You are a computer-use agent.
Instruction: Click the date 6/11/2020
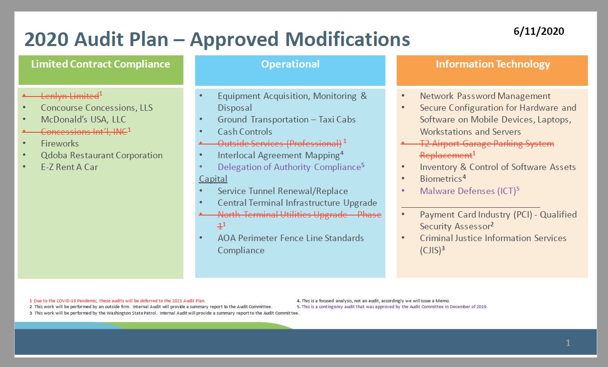(x=538, y=31)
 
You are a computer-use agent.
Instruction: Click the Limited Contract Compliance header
(x=101, y=64)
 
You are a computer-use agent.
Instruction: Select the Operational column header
(x=290, y=64)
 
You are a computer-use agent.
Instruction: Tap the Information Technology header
(x=492, y=64)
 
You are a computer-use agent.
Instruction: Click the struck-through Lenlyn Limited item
(x=70, y=96)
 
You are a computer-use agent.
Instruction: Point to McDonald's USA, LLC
(x=83, y=120)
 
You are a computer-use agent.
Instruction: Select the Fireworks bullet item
(x=59, y=144)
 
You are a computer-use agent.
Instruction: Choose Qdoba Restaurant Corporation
(x=101, y=155)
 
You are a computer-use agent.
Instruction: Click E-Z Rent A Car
(x=69, y=167)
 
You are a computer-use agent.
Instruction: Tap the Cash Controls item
(x=245, y=131)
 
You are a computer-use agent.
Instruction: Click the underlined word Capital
(x=213, y=179)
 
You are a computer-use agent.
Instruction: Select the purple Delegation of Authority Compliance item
(x=289, y=167)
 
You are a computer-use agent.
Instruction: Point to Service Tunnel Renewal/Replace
(x=282, y=191)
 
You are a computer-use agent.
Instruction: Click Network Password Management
(x=485, y=96)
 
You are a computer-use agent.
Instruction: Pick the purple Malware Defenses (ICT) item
(x=467, y=191)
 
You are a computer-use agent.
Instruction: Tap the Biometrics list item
(x=441, y=179)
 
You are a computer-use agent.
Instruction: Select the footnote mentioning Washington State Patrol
(x=166, y=313)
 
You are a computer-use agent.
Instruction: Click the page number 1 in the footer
(x=568, y=343)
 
